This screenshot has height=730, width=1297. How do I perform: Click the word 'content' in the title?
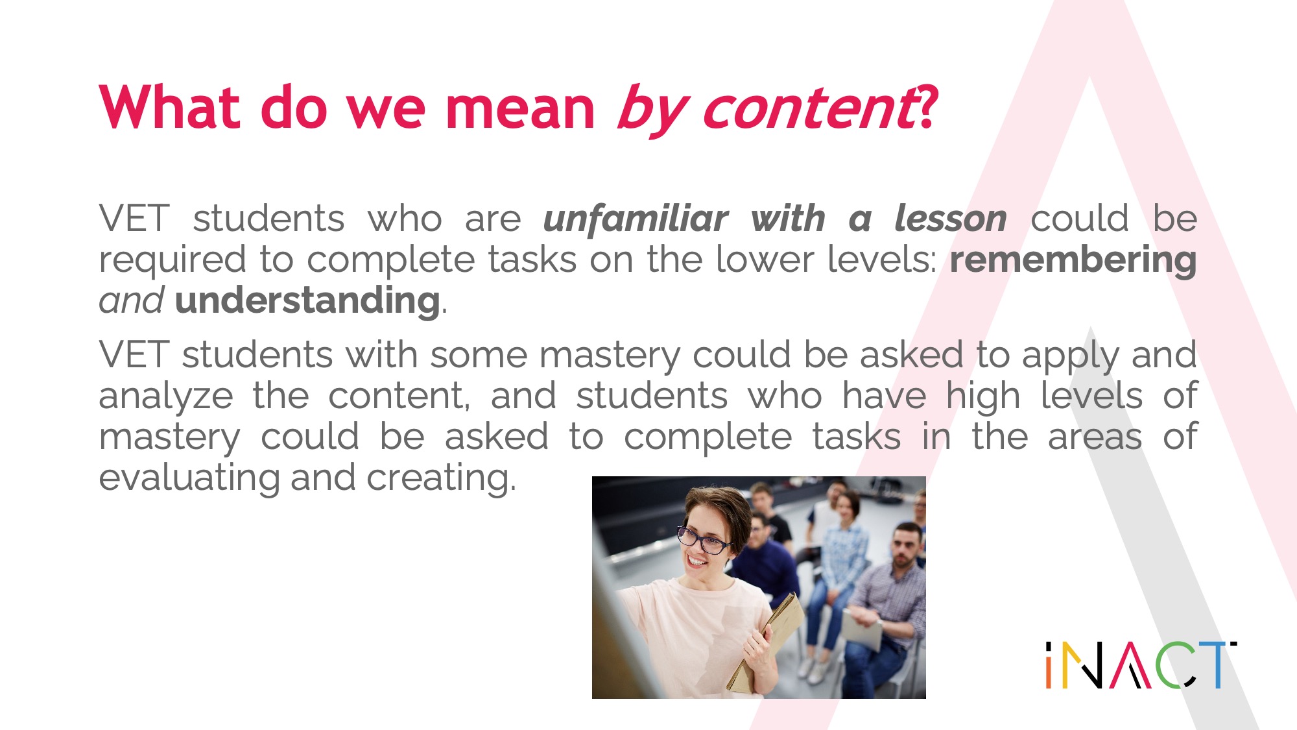810,109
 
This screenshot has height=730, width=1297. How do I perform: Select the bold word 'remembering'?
1073,260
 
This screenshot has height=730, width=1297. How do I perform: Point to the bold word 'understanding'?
307,300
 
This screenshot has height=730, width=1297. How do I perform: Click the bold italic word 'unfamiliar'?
636,218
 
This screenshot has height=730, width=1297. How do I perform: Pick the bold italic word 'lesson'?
950,218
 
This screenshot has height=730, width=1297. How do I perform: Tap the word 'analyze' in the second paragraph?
165,396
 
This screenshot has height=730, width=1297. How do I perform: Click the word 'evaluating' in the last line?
189,478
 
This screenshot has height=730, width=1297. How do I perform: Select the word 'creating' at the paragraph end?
441,478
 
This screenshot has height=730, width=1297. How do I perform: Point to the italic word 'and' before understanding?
131,300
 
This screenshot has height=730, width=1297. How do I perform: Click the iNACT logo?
1141,664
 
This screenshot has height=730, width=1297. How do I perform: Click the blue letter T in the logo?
1217,664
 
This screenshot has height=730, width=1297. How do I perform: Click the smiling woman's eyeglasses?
703,541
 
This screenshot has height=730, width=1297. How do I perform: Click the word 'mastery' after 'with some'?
610,356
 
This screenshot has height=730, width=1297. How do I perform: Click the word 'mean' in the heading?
519,108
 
